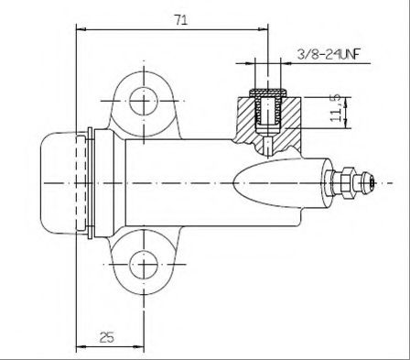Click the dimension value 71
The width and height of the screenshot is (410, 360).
pos(181,20)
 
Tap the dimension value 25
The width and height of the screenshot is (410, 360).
pos(107,337)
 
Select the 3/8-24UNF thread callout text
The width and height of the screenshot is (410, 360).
pos(329,55)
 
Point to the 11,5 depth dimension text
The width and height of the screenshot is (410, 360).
pos(336,108)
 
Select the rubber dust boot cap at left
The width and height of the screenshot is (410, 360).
pos(58,183)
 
